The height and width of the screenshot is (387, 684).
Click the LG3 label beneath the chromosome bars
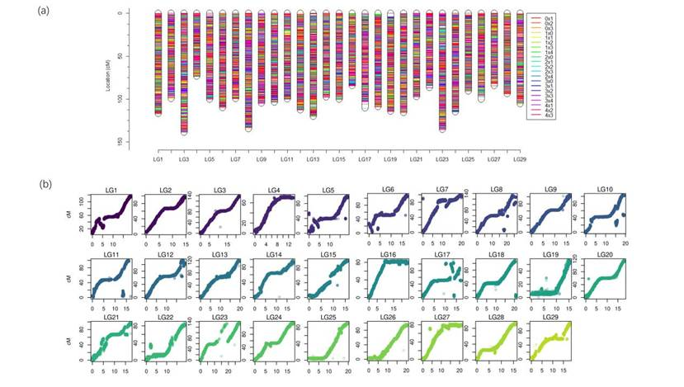(183, 158)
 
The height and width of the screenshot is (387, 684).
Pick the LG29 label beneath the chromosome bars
(519, 158)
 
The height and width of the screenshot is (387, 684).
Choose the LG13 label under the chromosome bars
(313, 158)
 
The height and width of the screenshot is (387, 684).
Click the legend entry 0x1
(550, 17)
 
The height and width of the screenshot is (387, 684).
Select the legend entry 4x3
(550, 116)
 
